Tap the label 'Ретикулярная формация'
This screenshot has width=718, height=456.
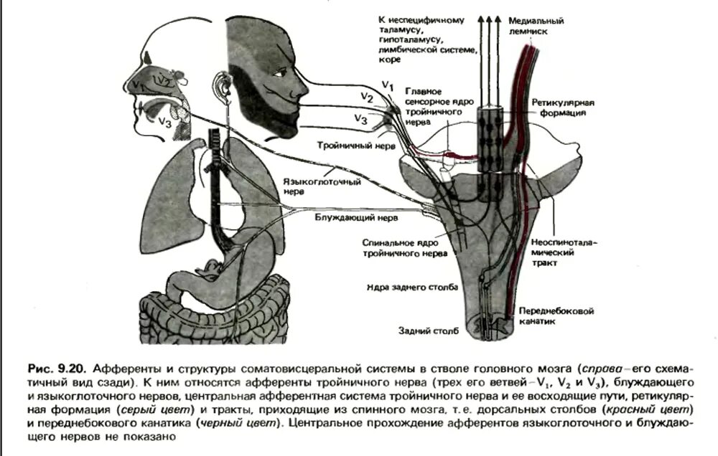click(564, 108)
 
